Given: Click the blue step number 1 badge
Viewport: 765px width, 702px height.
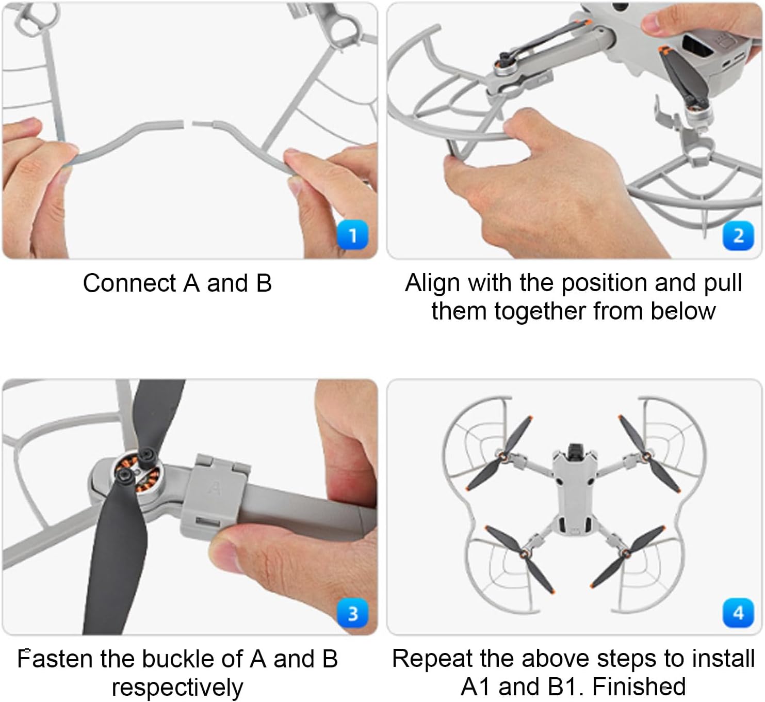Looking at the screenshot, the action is pos(352,234).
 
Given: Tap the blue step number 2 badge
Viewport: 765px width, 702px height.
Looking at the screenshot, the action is pos(738,235).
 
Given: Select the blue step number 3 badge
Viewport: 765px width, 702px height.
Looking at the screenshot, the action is pos(352,613).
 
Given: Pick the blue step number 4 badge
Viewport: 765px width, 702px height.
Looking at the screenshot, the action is pos(738,613).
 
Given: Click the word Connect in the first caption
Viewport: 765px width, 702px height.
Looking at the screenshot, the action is pos(129,283).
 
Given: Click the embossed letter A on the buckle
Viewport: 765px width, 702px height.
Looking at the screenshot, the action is pos(215,487).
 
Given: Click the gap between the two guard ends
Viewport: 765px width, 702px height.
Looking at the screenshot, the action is pos(188,123).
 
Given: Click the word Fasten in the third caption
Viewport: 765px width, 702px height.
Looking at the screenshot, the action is pos(53,659).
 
